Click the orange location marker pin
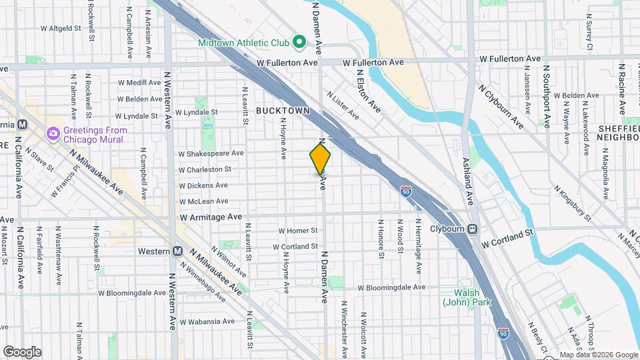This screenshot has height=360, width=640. click(321, 159)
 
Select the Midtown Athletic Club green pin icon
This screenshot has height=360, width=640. click(299, 43)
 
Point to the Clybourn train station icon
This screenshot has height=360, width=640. click(472, 229)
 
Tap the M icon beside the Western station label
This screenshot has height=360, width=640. click(177, 251)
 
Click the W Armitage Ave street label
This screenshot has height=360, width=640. click(209, 217)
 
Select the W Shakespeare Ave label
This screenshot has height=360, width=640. click(208, 153)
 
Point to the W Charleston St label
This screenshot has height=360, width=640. click(205, 170)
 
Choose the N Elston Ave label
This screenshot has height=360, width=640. click(368, 91)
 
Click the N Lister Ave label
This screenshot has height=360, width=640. click(343, 106)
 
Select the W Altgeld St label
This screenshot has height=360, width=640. click(60, 29)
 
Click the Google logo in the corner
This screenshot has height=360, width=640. click(22, 351)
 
